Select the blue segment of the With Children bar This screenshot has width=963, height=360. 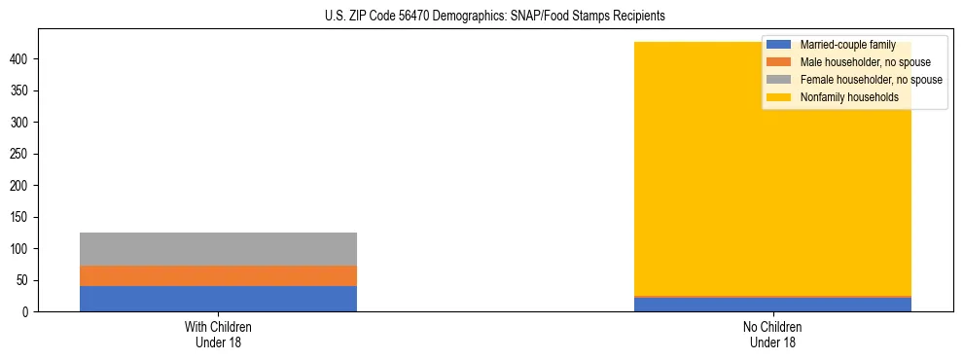pos(218,299)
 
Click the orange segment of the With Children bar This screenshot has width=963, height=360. pos(218,275)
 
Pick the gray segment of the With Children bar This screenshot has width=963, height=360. pos(218,249)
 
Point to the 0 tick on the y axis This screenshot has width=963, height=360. pos(26,312)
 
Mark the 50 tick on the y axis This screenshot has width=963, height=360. pos(23,280)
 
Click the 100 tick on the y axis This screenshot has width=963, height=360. pos(20,249)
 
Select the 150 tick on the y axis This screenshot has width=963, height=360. pos(20,217)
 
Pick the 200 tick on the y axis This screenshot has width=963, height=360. pos(20,186)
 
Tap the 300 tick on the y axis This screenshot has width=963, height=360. pos(20,123)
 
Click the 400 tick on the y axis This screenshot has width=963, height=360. pos(20,59)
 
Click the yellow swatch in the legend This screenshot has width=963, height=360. pos(779,97)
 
